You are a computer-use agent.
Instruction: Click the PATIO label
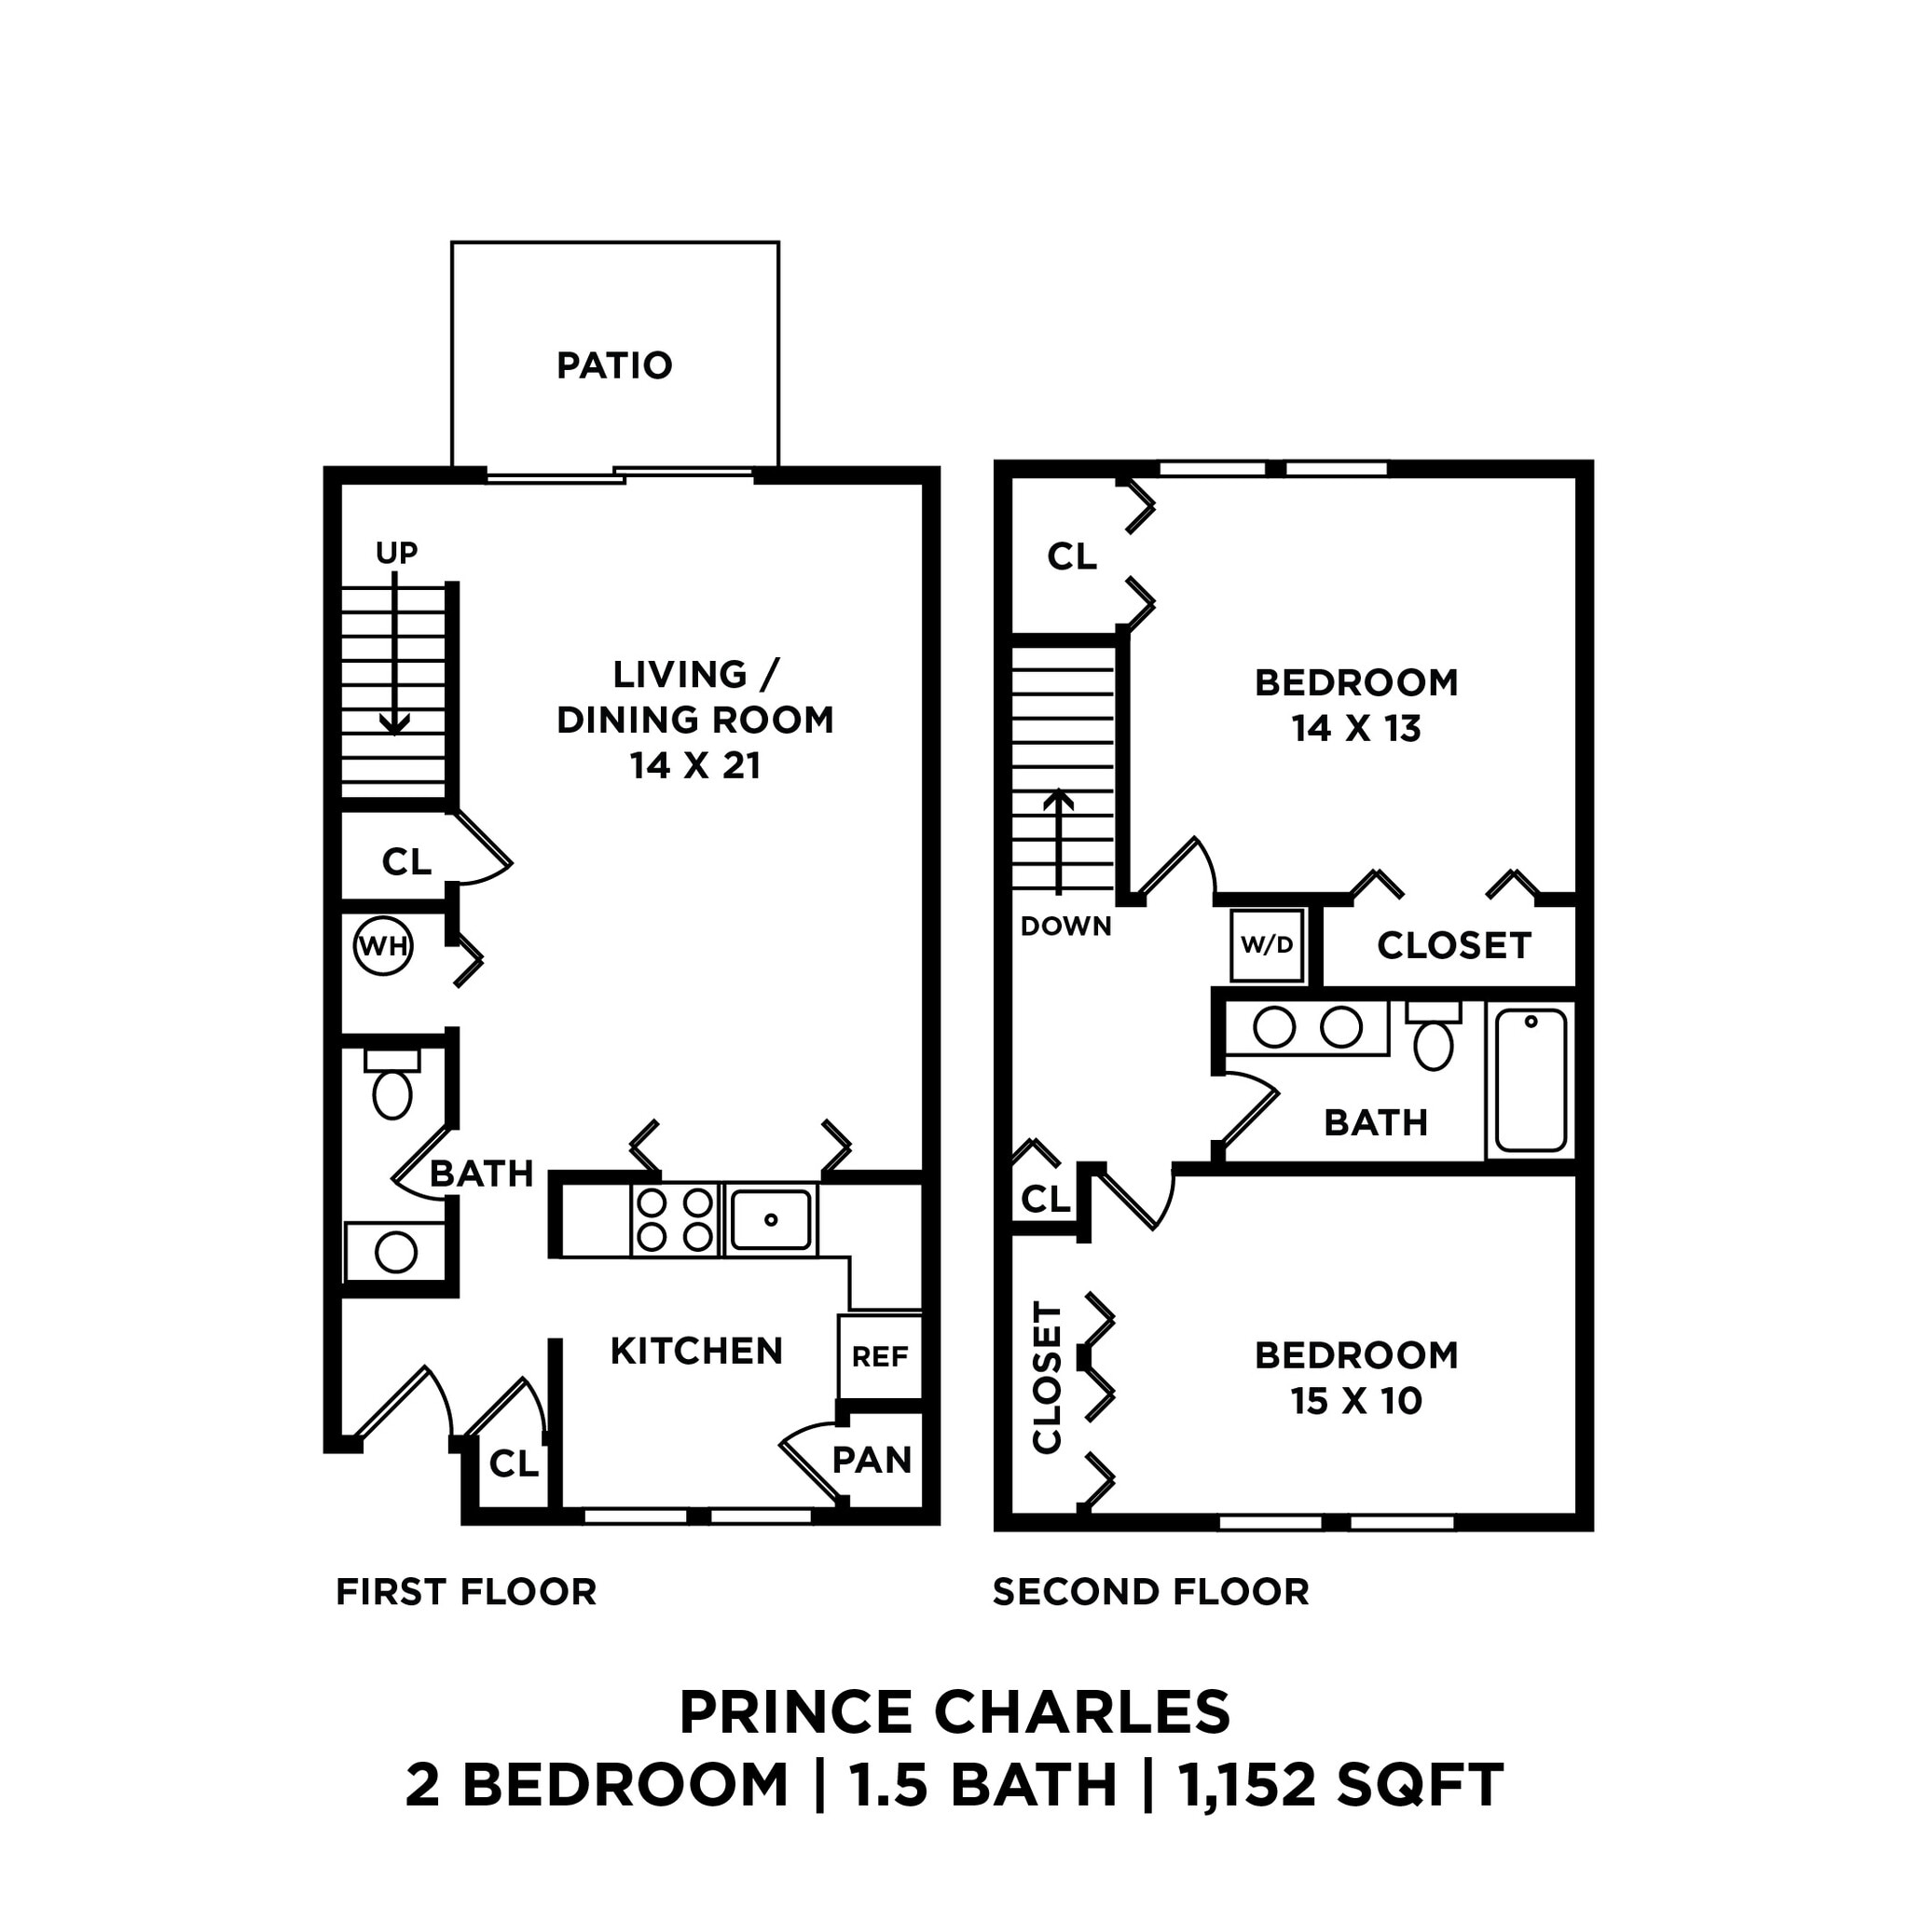(613, 365)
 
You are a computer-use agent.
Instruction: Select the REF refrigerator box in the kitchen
(879, 1356)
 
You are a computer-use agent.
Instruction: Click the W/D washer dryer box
(1267, 944)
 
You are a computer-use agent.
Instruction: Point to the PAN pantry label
(872, 1460)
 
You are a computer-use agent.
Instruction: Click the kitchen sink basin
(771, 1219)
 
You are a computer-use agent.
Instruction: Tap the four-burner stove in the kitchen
(675, 1219)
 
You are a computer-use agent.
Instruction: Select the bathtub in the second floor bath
(1531, 1080)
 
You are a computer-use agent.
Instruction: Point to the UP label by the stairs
(396, 553)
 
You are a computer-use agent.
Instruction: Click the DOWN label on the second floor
(1065, 926)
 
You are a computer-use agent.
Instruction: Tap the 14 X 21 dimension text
(695, 766)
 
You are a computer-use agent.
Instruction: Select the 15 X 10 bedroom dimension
(1355, 1400)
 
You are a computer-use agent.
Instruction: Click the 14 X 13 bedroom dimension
(1355, 728)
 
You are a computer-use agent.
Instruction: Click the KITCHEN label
(696, 1351)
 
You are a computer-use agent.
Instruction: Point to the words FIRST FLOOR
(466, 1592)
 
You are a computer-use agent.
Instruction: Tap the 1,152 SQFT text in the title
(1340, 1783)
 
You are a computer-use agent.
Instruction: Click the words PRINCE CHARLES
(954, 1712)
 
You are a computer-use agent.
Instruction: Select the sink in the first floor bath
(395, 1252)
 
